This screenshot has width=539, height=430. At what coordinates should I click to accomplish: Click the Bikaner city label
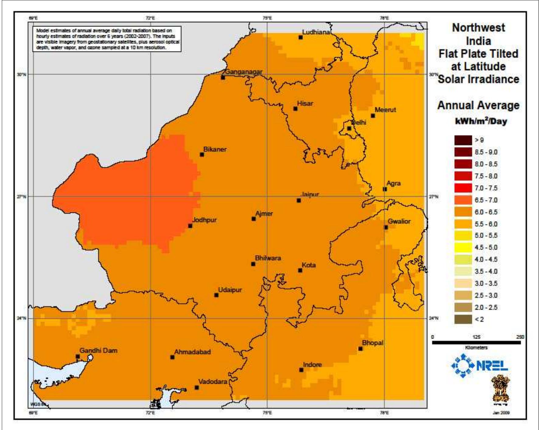pos(215,149)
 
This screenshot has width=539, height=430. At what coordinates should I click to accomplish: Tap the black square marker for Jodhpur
pos(190,226)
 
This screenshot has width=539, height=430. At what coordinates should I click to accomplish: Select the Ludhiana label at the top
pos(316,32)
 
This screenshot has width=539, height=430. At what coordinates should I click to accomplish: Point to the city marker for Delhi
pos(349,128)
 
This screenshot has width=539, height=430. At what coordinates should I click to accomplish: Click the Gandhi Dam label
pos(98,351)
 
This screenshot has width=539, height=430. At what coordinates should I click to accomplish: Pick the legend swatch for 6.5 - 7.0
pos(463,200)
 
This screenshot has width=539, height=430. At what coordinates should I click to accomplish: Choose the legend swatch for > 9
pos(463,140)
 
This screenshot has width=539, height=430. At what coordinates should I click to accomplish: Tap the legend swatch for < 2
pos(463,319)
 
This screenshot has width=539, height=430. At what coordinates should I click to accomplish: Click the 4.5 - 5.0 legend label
pos(486,248)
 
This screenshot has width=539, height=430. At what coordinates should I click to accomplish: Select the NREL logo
pos(479,366)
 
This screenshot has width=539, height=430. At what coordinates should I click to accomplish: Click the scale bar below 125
pos(476,343)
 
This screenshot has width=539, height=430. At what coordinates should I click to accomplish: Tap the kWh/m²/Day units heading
pos(481,121)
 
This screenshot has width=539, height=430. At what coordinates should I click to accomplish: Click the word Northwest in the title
pos(478,28)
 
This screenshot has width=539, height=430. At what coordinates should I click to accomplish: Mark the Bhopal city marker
pos(360,349)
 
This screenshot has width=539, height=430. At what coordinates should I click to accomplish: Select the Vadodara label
pos(213,382)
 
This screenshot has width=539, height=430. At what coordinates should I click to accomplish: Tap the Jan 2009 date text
pos(501,413)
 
